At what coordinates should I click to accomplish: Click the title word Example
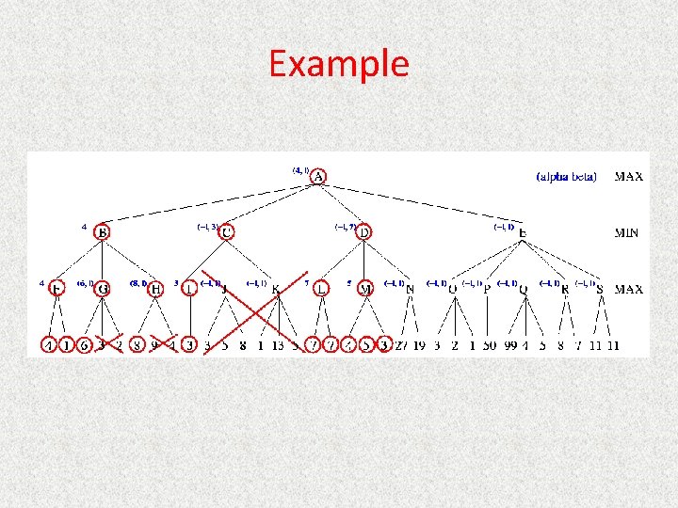(x=338, y=64)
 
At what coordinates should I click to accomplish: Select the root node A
(x=318, y=176)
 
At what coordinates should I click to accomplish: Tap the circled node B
(x=103, y=231)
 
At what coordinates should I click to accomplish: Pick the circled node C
(x=226, y=231)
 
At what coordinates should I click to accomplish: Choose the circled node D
(x=363, y=231)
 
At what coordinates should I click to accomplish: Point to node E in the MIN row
(x=523, y=232)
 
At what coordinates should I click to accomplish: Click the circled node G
(x=102, y=289)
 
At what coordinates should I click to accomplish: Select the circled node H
(x=156, y=289)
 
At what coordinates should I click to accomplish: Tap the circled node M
(x=364, y=289)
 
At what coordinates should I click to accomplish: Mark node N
(x=410, y=289)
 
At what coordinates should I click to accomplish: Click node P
(x=487, y=289)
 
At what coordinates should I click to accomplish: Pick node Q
(x=524, y=289)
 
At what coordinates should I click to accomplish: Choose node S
(x=600, y=289)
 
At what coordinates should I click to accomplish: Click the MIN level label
(x=628, y=232)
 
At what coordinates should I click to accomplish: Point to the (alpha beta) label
(x=566, y=176)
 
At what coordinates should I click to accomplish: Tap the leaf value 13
(x=278, y=345)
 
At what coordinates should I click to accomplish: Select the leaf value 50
(x=489, y=345)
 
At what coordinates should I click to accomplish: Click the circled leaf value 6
(x=84, y=345)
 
